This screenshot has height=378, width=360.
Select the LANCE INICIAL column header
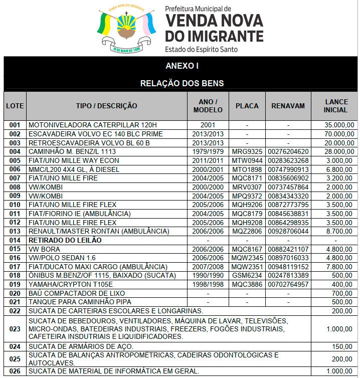[x=335, y=106]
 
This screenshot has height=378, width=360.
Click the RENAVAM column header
[x=288, y=106]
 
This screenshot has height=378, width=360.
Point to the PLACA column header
[x=247, y=106]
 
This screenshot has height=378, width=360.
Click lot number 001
[x=15, y=125]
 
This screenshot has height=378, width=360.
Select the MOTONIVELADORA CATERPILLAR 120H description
[x=93, y=125]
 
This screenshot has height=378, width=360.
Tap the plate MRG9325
[x=247, y=151]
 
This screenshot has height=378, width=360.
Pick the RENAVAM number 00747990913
[x=288, y=169]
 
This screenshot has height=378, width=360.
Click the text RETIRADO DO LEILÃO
[x=65, y=240]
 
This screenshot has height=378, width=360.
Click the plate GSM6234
[x=247, y=275]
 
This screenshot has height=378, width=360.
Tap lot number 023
[x=15, y=329]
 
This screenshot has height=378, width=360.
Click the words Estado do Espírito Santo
[x=201, y=50]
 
